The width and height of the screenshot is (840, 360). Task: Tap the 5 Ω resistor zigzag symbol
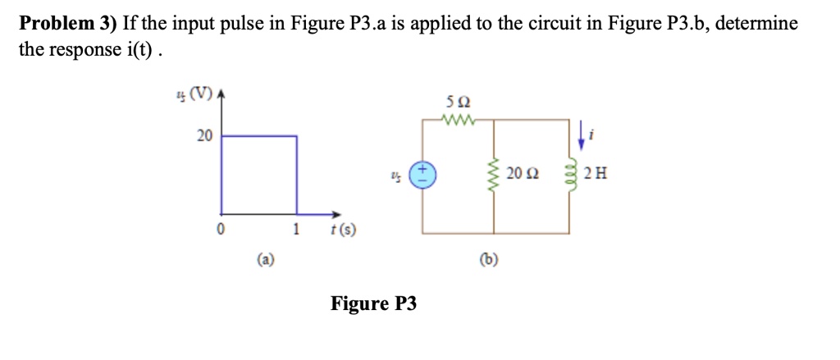tap(457, 120)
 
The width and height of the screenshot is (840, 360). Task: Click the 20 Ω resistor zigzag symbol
tap(494, 175)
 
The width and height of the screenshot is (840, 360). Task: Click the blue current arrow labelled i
tap(582, 136)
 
